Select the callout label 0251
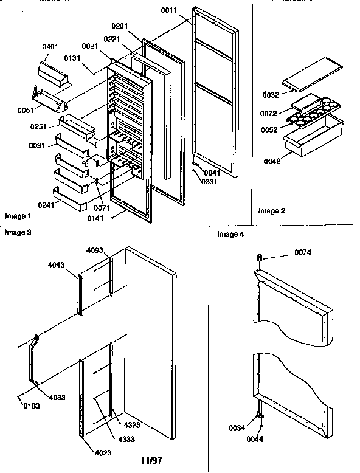[x=41, y=128]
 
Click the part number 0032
[x=270, y=96]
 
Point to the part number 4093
[x=94, y=250]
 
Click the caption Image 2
[x=271, y=212]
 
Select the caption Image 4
[x=229, y=234]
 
